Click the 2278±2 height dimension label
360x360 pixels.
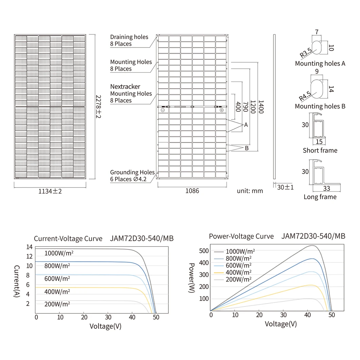coord(98,107)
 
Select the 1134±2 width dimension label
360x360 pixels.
coord(50,191)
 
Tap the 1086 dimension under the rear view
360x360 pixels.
coord(192,191)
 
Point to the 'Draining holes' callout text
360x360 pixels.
coord(129,37)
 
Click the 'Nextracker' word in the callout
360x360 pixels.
coord(125,87)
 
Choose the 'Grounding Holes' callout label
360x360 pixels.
coord(132,172)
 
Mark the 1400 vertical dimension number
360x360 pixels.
coord(261,107)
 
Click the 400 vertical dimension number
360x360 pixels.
coord(238,107)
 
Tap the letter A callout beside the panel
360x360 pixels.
coord(246,125)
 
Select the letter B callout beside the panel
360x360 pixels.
coord(247,148)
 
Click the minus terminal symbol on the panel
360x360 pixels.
coord(163,110)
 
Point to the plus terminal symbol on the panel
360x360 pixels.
coord(222,110)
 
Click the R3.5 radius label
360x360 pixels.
coord(306,53)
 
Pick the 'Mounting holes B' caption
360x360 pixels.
coord(320,106)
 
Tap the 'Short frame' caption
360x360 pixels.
coord(320,150)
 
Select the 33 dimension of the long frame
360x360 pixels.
coord(326,188)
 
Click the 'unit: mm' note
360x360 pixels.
coord(250,191)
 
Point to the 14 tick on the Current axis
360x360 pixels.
coord(30,247)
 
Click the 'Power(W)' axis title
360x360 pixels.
coord(192,278)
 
